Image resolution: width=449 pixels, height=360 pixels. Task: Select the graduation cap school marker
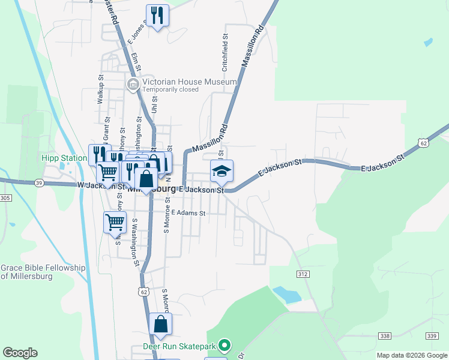[221, 171]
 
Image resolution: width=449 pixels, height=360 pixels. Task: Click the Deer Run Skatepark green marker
[224, 346]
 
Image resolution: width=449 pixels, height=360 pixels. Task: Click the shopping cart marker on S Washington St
[115, 223]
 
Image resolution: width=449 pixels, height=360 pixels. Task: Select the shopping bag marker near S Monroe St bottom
[160, 324]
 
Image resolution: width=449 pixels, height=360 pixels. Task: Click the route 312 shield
[303, 274]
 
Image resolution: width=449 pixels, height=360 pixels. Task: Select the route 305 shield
[5, 198]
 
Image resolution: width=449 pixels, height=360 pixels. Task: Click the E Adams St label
[188, 213]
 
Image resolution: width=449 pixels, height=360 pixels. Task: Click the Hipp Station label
[64, 158]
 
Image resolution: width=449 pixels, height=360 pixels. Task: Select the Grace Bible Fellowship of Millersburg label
[43, 272]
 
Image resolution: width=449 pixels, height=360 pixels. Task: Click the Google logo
[20, 353]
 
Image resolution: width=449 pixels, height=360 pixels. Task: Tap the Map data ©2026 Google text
[412, 355]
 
